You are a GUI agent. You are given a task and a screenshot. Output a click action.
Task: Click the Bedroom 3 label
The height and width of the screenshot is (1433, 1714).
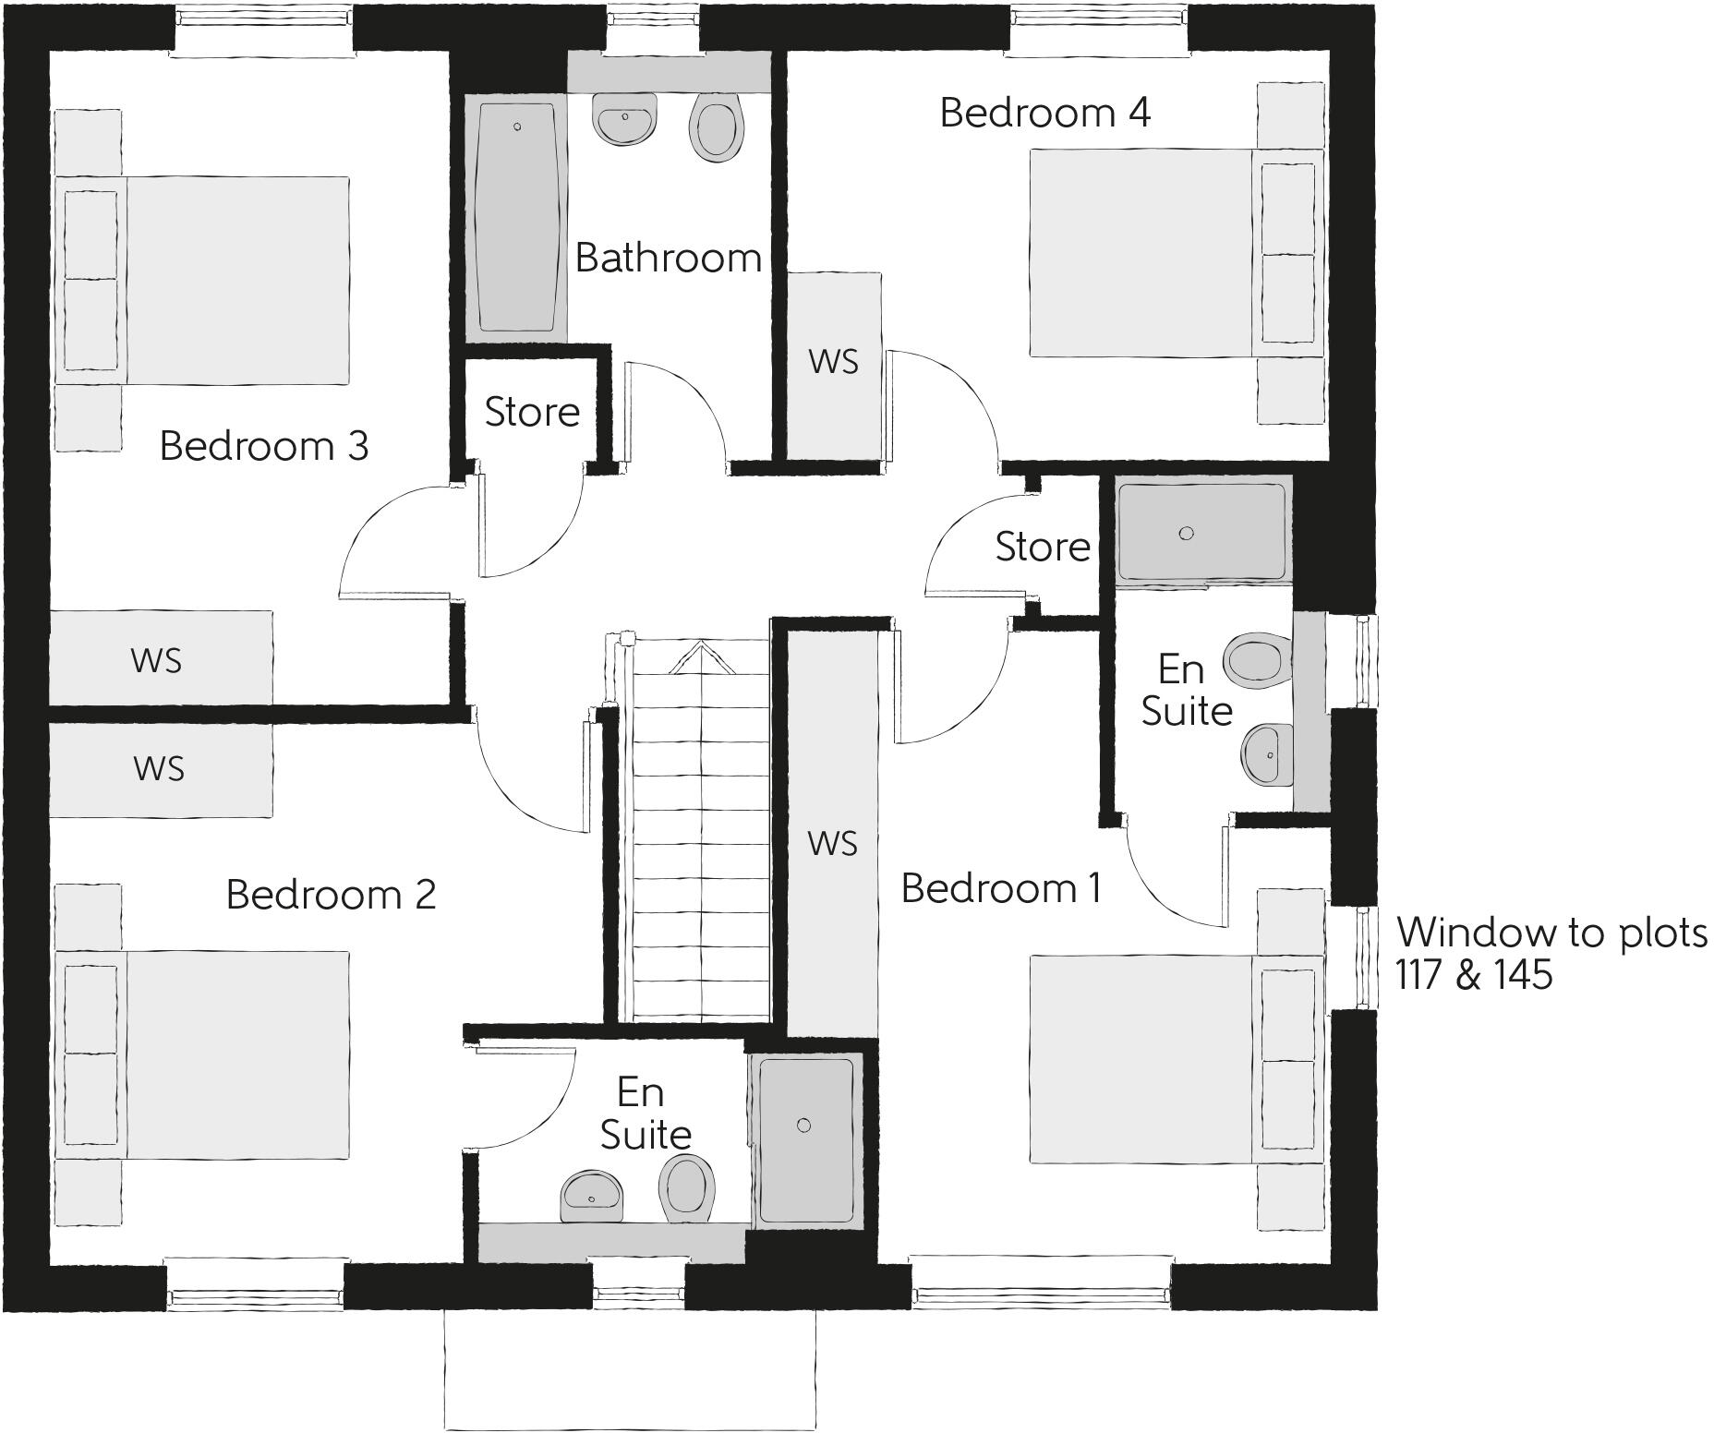(x=264, y=446)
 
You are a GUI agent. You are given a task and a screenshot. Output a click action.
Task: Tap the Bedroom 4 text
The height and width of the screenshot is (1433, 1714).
(x=1044, y=113)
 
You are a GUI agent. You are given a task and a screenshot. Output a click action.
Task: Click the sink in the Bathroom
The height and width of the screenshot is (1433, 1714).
(x=625, y=119)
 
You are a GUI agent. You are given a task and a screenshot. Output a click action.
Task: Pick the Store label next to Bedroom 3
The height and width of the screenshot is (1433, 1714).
(x=532, y=412)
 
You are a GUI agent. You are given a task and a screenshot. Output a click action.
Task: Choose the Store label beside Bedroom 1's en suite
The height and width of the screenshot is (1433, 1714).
(x=1043, y=547)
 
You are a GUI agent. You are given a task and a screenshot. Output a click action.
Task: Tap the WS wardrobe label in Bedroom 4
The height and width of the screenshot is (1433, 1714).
(x=833, y=362)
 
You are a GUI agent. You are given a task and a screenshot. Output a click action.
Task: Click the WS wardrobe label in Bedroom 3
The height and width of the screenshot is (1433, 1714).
(x=156, y=660)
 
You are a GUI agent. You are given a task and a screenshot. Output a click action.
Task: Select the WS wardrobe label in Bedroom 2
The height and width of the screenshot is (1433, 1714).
(x=158, y=768)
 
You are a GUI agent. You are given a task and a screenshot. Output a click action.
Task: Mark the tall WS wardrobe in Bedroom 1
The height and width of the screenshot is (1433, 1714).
(x=832, y=842)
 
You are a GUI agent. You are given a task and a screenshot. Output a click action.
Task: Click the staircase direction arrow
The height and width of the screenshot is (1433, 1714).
(x=700, y=657)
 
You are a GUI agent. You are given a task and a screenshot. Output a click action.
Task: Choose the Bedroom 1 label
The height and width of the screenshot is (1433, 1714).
(x=1001, y=888)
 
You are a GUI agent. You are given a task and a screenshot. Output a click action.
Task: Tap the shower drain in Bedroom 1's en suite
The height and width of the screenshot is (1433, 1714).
(x=1187, y=533)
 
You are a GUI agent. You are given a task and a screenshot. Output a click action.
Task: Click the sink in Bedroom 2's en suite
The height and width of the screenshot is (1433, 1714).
(x=592, y=1197)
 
